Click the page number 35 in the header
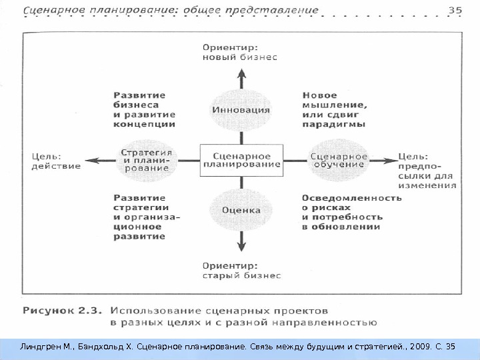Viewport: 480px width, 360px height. click(x=455, y=9)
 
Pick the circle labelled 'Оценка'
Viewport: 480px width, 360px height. click(x=241, y=209)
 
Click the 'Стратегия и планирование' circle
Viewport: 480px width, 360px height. click(x=145, y=160)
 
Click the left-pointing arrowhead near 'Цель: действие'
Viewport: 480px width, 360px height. click(x=93, y=160)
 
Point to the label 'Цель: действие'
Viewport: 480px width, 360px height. click(x=56, y=161)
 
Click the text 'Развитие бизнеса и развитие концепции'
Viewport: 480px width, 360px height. click(x=144, y=110)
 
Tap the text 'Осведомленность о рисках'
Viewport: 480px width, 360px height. click(x=351, y=203)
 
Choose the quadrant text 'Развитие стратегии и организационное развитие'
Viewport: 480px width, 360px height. click(x=147, y=217)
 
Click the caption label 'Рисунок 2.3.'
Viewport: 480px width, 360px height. click(x=62, y=310)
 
